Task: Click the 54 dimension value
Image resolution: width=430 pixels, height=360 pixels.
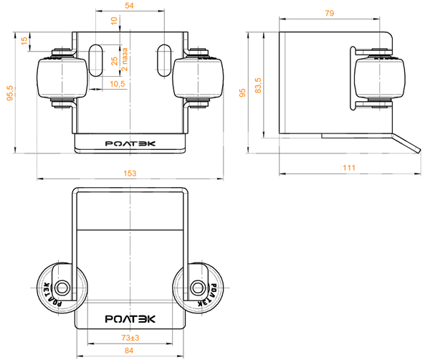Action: (x=129, y=6)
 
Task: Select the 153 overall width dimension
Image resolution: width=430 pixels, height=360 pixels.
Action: (x=130, y=174)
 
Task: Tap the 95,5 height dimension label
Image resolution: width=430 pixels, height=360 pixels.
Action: (x=10, y=93)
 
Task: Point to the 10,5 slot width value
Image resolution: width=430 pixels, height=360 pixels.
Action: (x=118, y=84)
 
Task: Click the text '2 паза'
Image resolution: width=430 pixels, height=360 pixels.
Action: (x=125, y=60)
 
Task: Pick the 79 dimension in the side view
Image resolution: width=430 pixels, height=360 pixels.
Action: (x=330, y=13)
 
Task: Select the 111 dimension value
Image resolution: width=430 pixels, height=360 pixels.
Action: (x=349, y=168)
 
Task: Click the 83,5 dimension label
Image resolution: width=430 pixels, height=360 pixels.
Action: (x=258, y=85)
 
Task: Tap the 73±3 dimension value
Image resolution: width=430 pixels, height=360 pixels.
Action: (x=130, y=338)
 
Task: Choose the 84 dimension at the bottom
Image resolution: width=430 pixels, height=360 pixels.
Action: (x=129, y=351)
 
